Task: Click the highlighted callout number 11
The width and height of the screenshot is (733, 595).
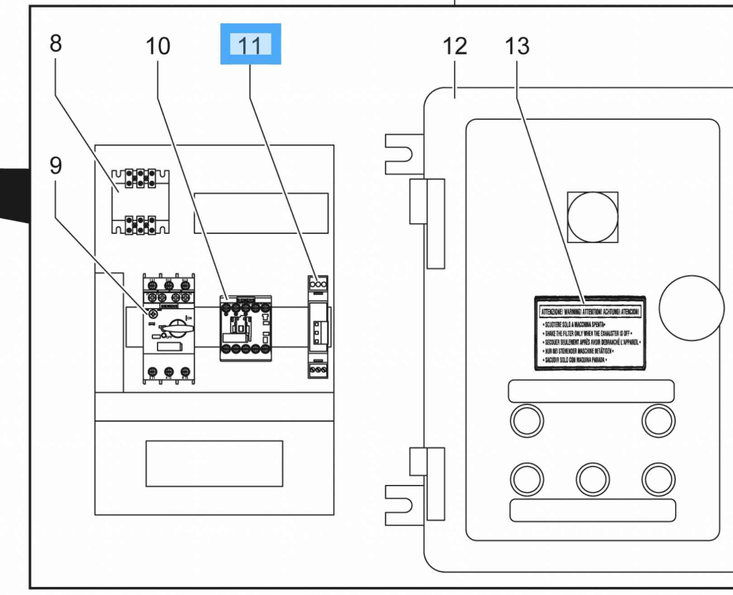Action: click(x=250, y=44)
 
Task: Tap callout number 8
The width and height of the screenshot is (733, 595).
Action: click(x=56, y=43)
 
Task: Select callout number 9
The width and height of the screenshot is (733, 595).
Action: click(x=56, y=165)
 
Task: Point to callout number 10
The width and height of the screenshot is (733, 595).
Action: click(x=157, y=46)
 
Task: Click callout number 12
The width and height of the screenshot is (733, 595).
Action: click(x=454, y=46)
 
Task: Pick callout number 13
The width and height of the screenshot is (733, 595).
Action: click(x=517, y=46)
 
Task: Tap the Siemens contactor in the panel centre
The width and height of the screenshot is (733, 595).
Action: click(x=246, y=328)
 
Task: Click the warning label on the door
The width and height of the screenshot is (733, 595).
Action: click(x=590, y=333)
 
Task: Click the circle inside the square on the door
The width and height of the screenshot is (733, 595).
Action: click(x=592, y=217)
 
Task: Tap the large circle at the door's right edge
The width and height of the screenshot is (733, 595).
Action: click(x=691, y=308)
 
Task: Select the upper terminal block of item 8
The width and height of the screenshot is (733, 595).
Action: click(x=140, y=178)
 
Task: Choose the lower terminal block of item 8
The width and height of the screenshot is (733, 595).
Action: click(x=140, y=225)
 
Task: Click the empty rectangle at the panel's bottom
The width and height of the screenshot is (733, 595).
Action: click(x=214, y=463)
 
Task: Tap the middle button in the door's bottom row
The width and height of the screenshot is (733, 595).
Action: click(x=592, y=479)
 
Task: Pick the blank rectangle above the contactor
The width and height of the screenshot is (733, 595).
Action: click(x=261, y=213)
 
